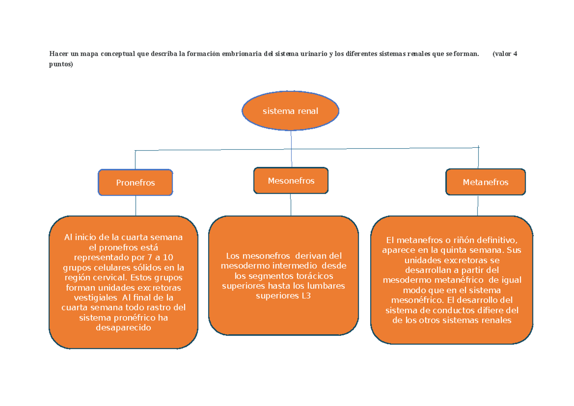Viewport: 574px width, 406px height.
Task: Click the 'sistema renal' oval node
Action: point(290,111)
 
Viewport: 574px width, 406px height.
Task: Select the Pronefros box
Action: point(135,182)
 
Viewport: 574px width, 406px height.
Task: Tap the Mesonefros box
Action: point(291,181)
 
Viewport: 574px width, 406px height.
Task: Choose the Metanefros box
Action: point(486,182)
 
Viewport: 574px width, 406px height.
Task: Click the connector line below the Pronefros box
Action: point(135,206)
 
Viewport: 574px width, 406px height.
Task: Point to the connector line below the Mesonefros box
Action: point(291,205)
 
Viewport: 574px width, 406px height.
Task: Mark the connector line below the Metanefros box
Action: point(478,206)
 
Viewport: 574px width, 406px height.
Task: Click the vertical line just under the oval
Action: point(291,149)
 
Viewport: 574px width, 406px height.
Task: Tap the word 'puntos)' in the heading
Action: point(61,64)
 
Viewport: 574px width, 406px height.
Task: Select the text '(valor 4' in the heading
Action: point(505,54)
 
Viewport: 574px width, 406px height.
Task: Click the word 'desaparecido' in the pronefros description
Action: point(123,328)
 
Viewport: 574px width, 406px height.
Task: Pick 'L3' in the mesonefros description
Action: point(306,296)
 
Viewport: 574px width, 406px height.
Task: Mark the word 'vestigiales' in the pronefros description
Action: point(96,297)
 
